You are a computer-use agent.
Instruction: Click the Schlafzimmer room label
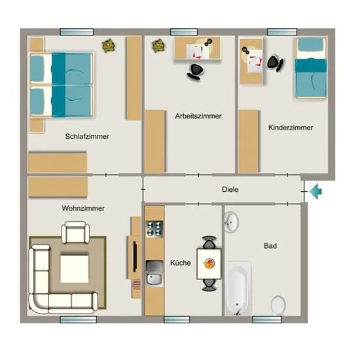coord(87,137)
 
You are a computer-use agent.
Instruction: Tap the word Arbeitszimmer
coord(198,116)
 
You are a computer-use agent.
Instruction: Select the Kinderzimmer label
coord(291,128)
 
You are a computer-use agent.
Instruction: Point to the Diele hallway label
coord(230,189)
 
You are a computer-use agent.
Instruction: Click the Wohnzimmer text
coord(83,208)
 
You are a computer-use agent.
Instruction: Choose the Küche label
coord(181,262)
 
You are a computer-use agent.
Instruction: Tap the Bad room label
coord(270,246)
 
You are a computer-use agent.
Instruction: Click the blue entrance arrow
coord(316,191)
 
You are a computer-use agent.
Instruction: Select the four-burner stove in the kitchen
coord(154,229)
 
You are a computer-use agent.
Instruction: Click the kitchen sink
coord(154,273)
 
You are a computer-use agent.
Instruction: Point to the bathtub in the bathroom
coord(238,289)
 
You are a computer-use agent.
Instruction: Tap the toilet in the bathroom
coord(278,305)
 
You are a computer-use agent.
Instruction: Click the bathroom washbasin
coord(231,223)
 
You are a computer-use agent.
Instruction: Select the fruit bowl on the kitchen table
coord(209,264)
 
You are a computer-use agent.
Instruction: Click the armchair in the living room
coord(75,232)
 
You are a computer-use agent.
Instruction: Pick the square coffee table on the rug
coord(75,268)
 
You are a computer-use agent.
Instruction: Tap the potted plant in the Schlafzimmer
coord(109,46)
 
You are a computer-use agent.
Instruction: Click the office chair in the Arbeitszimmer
coord(195,72)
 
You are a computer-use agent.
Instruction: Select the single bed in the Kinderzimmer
coord(311,68)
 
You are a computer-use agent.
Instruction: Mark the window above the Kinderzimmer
coord(282,32)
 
